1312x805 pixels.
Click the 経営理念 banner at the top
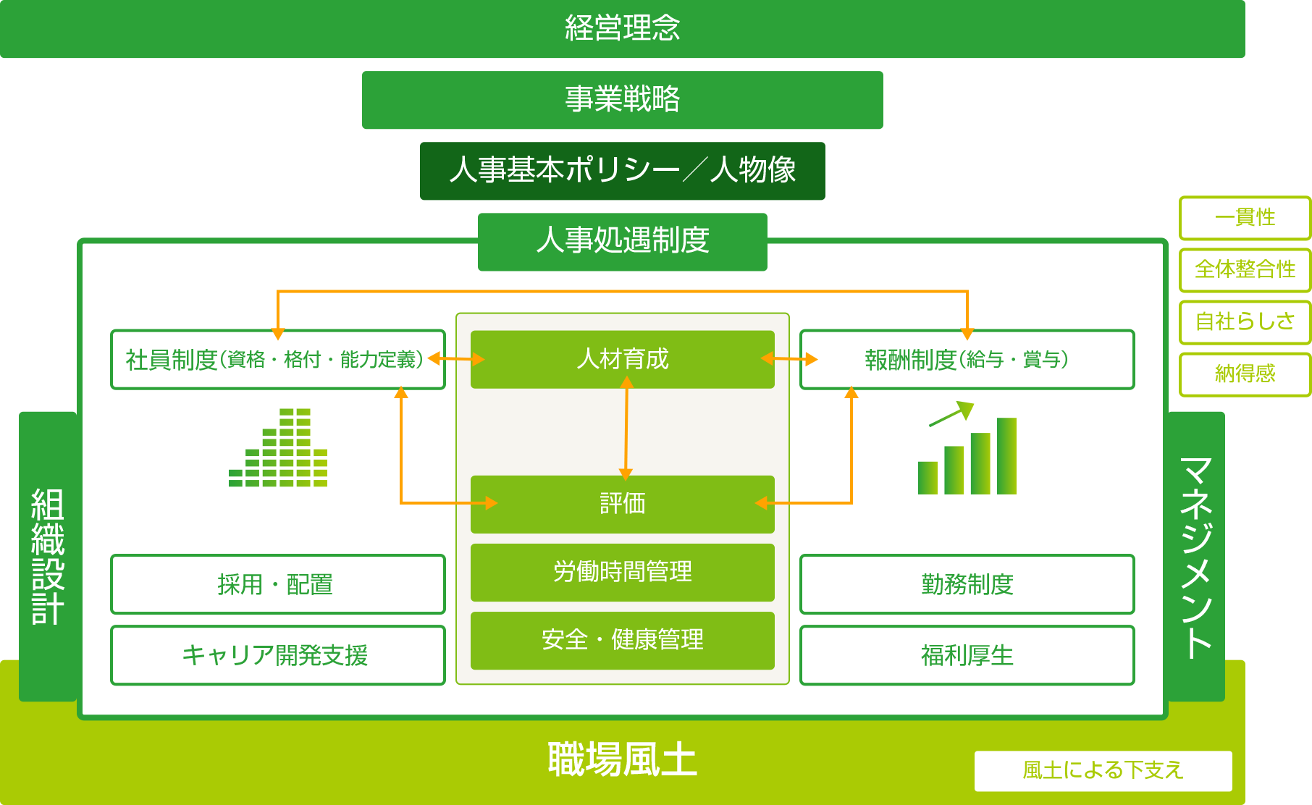coord(623,29)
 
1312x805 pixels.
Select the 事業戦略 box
coord(623,100)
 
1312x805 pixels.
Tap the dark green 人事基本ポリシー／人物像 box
coord(623,171)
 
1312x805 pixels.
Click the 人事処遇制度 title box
coord(623,242)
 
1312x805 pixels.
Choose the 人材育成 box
coord(623,360)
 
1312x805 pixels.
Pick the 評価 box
coord(623,505)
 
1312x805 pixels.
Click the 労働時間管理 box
coord(623,573)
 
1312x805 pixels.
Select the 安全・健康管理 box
coord(623,641)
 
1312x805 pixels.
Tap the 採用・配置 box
coord(278,584)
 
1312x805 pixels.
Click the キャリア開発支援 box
coord(278,655)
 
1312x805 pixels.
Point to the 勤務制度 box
coord(967,584)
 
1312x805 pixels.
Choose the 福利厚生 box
coord(967,655)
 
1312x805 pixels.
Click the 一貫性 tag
coord(1245,218)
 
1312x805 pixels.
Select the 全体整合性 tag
coord(1245,270)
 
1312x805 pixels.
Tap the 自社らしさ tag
coord(1245,322)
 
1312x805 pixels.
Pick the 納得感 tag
coord(1245,374)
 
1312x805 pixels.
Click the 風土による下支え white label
coord(1103,771)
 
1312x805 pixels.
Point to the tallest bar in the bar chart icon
coord(1006,456)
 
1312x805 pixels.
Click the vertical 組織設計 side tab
coord(48,556)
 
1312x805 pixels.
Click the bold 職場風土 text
coord(623,759)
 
